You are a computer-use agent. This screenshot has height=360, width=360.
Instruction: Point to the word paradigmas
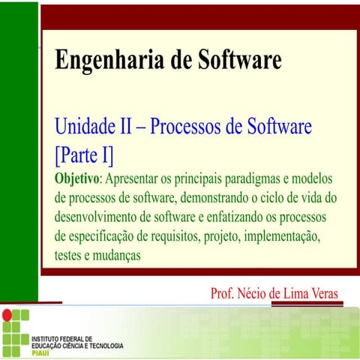coord(254,180)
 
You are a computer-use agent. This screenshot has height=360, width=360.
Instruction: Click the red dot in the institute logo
coord(7,314)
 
